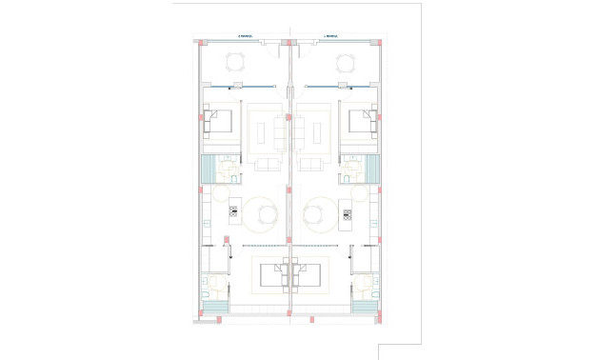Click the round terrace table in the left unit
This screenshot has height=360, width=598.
235,63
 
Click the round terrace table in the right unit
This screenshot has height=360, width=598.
344,63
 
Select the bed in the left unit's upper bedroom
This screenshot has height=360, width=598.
219,121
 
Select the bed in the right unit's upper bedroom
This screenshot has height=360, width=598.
360,121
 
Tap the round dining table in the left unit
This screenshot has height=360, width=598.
259,213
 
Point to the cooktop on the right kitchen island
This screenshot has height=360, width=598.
347,213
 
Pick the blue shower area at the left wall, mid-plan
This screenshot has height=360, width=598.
207,170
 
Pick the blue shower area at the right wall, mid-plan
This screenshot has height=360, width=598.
372,170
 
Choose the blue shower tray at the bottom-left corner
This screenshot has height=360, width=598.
214,306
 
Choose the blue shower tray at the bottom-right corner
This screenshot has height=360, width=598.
365,306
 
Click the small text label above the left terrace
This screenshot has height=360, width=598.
246,37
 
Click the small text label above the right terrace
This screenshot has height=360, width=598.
331,37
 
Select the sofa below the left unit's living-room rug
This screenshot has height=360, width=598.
267,164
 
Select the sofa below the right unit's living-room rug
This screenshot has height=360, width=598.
312,164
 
